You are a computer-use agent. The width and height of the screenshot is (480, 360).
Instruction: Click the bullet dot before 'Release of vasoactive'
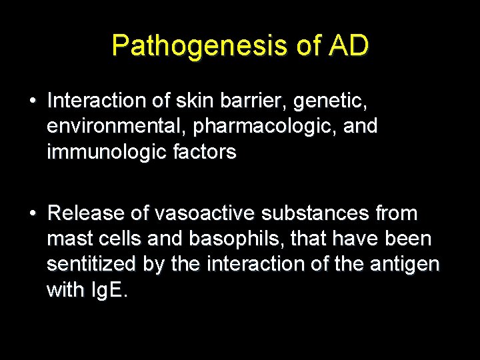pos(32,213)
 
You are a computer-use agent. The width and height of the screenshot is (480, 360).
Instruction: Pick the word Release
pos(86,213)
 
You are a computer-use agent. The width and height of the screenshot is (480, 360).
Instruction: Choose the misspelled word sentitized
pos(91,264)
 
